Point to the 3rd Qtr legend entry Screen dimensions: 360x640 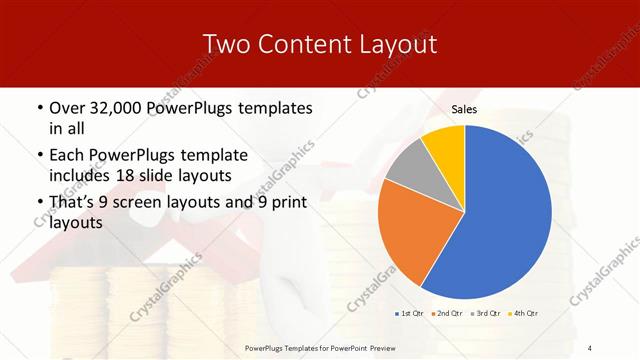(x=486, y=313)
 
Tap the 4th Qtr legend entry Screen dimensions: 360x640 (x=525, y=313)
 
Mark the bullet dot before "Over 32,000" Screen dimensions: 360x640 (x=39, y=108)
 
